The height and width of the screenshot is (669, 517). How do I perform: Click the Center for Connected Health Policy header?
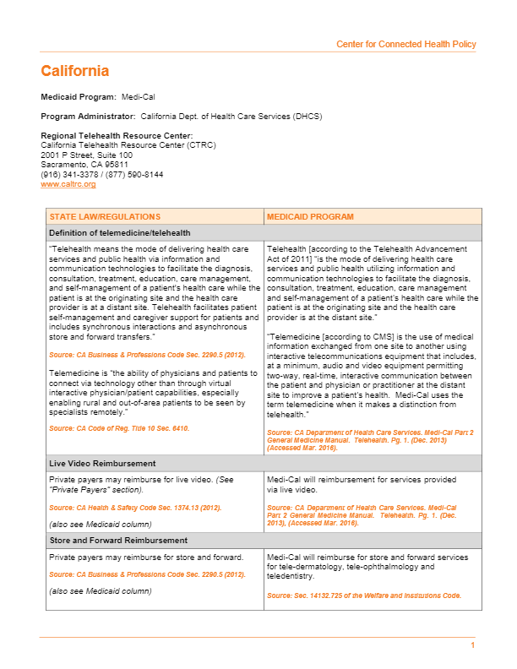pos(405,44)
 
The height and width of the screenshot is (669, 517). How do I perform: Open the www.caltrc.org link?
pos(68,184)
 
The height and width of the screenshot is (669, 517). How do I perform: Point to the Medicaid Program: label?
pos(79,98)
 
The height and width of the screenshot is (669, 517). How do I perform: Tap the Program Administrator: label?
pos(88,117)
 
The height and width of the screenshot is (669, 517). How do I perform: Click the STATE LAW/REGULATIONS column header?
pos(105,217)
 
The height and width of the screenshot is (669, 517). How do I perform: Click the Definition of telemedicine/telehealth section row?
pos(119,233)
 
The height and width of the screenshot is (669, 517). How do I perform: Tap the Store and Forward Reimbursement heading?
pos(120,540)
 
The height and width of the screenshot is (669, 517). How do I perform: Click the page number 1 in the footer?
pos(473,645)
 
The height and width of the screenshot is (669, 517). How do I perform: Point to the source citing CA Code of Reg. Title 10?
pos(119,429)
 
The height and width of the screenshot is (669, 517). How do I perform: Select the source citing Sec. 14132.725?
pos(364,596)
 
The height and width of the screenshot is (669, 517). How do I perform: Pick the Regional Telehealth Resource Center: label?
pos(117,136)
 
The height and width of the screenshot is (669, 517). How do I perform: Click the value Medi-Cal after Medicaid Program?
pos(136,98)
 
